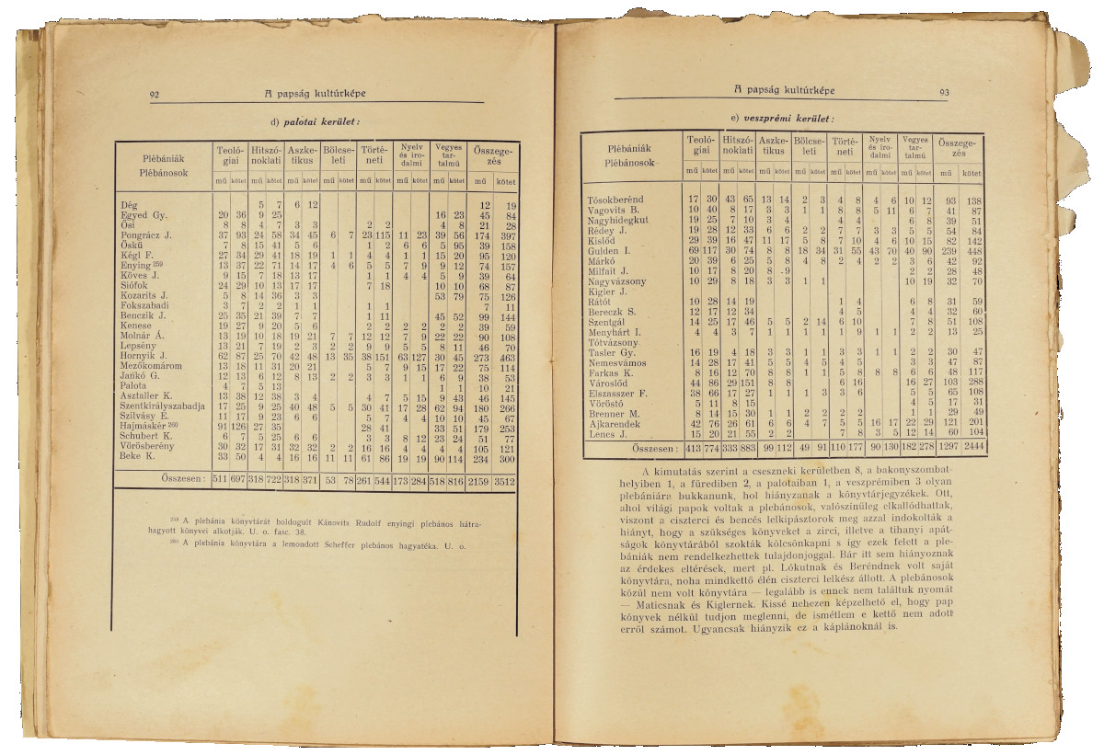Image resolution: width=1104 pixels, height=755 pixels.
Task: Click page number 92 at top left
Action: (155, 94)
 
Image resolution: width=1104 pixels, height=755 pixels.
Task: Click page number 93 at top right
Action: (944, 92)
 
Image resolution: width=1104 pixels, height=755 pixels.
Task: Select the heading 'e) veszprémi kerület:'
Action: (782, 119)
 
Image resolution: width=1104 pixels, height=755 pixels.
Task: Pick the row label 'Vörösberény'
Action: (148, 446)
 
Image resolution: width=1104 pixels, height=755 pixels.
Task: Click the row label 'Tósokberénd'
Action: (615, 200)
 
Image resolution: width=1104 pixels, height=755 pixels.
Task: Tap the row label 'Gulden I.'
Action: (608, 251)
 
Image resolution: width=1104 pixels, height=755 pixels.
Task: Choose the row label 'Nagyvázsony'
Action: (616, 280)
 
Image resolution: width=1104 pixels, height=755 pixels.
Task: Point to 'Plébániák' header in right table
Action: (629, 147)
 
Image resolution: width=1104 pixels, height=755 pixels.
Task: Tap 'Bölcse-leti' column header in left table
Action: (340, 153)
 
